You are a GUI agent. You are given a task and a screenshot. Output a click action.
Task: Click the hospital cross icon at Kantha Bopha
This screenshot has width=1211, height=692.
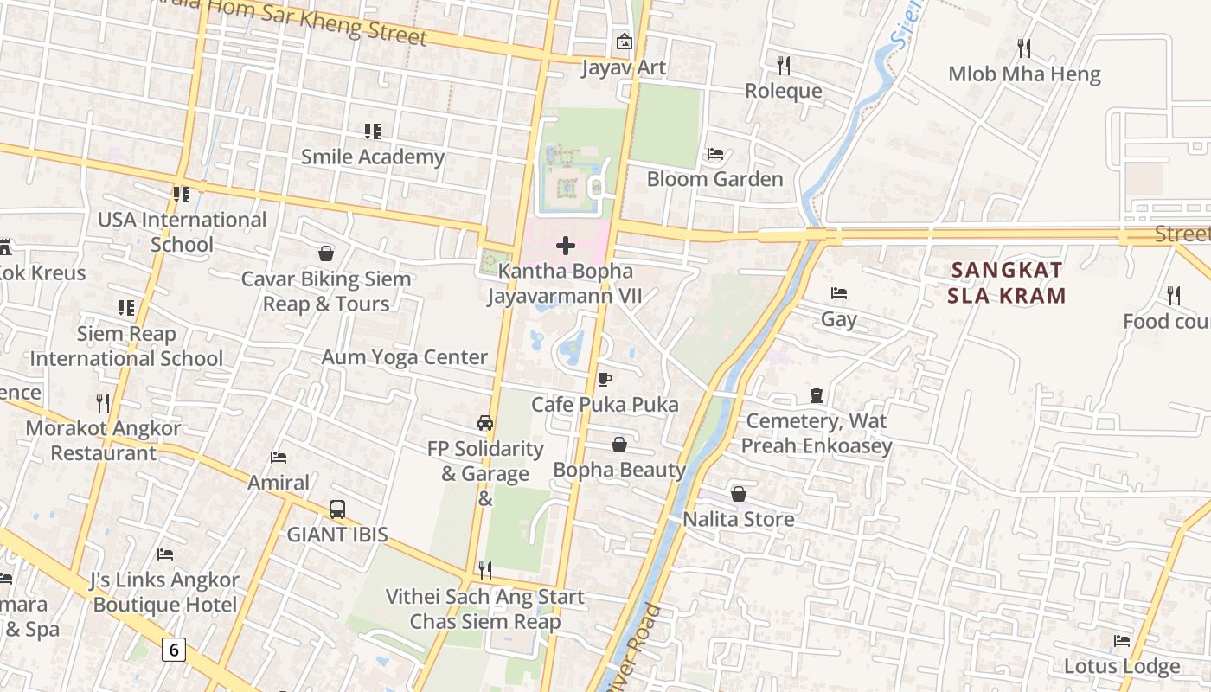click(x=566, y=247)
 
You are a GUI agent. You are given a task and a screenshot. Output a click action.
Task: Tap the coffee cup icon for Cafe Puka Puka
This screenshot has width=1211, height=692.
click(x=605, y=380)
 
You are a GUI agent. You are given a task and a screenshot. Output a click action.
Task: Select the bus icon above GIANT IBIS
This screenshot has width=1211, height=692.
click(x=337, y=509)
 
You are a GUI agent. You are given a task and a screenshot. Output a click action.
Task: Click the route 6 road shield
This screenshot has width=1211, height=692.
click(x=174, y=649)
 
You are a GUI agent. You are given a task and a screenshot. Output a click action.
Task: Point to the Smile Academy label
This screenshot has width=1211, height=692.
click(x=372, y=157)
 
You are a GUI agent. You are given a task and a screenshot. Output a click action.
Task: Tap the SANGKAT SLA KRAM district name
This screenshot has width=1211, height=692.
click(x=1006, y=283)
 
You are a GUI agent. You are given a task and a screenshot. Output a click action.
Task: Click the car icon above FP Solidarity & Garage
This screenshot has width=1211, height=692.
click(x=485, y=423)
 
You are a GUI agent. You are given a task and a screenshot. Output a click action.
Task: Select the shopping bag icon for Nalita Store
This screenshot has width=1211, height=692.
click(x=739, y=494)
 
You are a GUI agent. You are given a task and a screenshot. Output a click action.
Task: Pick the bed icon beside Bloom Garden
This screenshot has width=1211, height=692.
click(x=715, y=154)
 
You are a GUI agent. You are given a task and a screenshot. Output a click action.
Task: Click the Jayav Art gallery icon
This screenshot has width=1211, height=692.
click(x=624, y=42)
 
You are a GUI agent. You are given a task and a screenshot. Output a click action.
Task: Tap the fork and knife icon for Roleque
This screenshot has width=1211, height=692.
click(x=784, y=65)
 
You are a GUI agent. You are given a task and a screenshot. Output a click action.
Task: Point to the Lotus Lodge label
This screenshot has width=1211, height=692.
click(x=1121, y=666)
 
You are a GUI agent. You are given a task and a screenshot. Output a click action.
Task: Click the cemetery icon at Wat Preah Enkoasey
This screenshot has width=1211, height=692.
click(x=817, y=395)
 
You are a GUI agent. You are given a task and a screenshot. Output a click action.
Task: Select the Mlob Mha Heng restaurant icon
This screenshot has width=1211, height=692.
click(x=1025, y=48)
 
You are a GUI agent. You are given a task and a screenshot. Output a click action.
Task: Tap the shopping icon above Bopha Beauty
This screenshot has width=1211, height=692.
click(x=619, y=445)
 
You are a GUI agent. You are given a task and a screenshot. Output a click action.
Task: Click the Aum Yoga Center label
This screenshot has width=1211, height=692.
click(x=405, y=357)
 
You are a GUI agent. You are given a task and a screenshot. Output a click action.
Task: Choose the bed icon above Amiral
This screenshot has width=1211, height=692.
click(x=279, y=457)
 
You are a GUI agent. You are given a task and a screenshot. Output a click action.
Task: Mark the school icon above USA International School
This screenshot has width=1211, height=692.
click(x=181, y=195)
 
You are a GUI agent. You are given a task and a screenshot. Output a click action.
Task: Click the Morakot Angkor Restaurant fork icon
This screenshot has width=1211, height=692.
click(x=103, y=402)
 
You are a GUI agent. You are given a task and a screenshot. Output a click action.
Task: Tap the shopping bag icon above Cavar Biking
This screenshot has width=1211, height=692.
click(x=326, y=253)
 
